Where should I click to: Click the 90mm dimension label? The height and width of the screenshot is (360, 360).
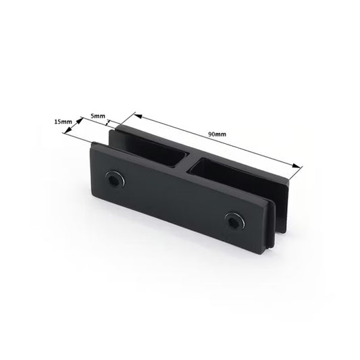coord(217,135)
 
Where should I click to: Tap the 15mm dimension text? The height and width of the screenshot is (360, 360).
coord(63,122)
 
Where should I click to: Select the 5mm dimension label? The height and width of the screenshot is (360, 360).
coord(99,116)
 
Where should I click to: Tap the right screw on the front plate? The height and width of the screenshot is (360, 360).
coord(233,220)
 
